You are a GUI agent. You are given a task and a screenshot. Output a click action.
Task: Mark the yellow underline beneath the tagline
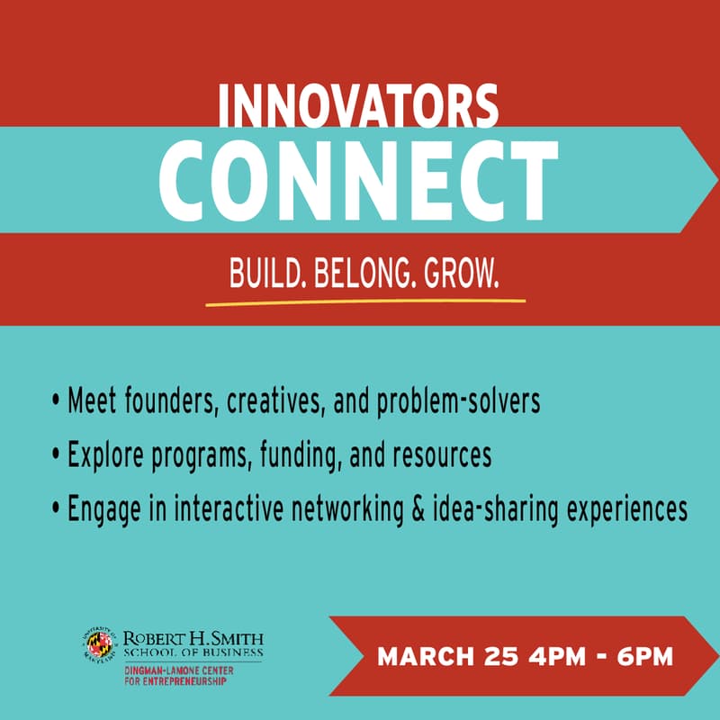364,300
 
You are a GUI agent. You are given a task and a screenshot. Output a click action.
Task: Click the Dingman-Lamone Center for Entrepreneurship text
175,675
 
